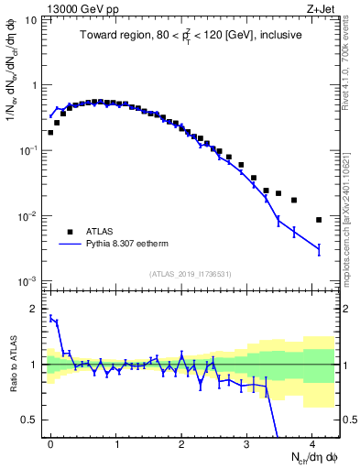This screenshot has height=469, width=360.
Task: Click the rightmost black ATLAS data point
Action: pos(318,220)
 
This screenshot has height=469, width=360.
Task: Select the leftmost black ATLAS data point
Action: pos(50,132)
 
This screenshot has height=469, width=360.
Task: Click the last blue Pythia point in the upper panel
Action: pos(318,248)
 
